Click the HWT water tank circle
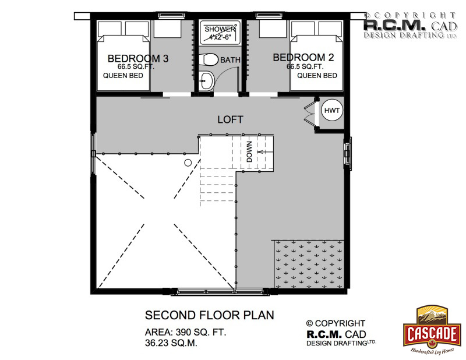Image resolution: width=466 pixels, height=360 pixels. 331,110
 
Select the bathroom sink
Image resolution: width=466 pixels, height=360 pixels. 206,80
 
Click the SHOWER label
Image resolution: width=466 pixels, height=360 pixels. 220,29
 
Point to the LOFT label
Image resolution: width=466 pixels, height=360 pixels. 230,119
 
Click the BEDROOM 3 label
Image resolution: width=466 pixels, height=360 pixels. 138,58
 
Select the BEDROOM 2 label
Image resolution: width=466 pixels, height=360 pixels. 303,57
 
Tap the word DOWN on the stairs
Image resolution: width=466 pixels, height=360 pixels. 249,151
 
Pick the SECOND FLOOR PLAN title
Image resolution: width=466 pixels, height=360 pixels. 210,315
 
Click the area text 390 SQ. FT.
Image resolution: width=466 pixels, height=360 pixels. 201,332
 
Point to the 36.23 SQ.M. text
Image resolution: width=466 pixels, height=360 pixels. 171,343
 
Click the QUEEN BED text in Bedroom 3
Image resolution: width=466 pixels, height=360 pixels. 123,76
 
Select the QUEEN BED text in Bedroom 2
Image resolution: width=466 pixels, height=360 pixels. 317,76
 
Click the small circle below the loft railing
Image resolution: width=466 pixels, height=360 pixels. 188,163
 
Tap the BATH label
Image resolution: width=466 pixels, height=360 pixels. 230,60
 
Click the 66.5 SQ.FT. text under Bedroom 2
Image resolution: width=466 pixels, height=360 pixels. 305,66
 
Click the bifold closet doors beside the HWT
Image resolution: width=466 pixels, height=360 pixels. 309,112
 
